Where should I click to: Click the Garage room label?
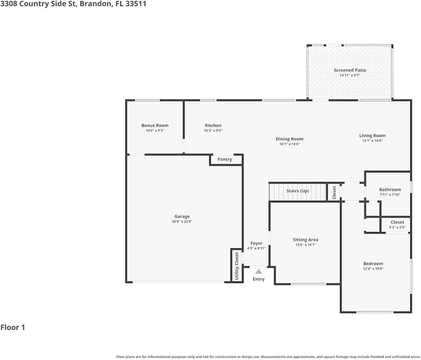182,216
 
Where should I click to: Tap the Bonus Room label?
155,126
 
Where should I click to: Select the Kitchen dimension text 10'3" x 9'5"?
213,131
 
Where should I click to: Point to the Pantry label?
225,159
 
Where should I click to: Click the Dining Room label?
289,139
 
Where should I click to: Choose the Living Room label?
372,136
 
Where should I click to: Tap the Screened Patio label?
350,70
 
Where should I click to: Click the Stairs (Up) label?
298,191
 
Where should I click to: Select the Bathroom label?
390,190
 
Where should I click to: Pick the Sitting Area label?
305,240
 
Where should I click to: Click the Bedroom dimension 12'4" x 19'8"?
373,268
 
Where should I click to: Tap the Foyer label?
256,243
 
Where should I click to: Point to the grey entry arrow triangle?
259,271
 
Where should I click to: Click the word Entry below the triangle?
259,279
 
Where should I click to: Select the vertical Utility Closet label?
237,265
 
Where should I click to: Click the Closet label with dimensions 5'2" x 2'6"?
397,222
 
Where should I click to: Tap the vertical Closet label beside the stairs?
334,192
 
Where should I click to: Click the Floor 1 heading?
13,327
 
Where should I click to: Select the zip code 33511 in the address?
136,4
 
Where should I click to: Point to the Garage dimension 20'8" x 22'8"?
182,222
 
